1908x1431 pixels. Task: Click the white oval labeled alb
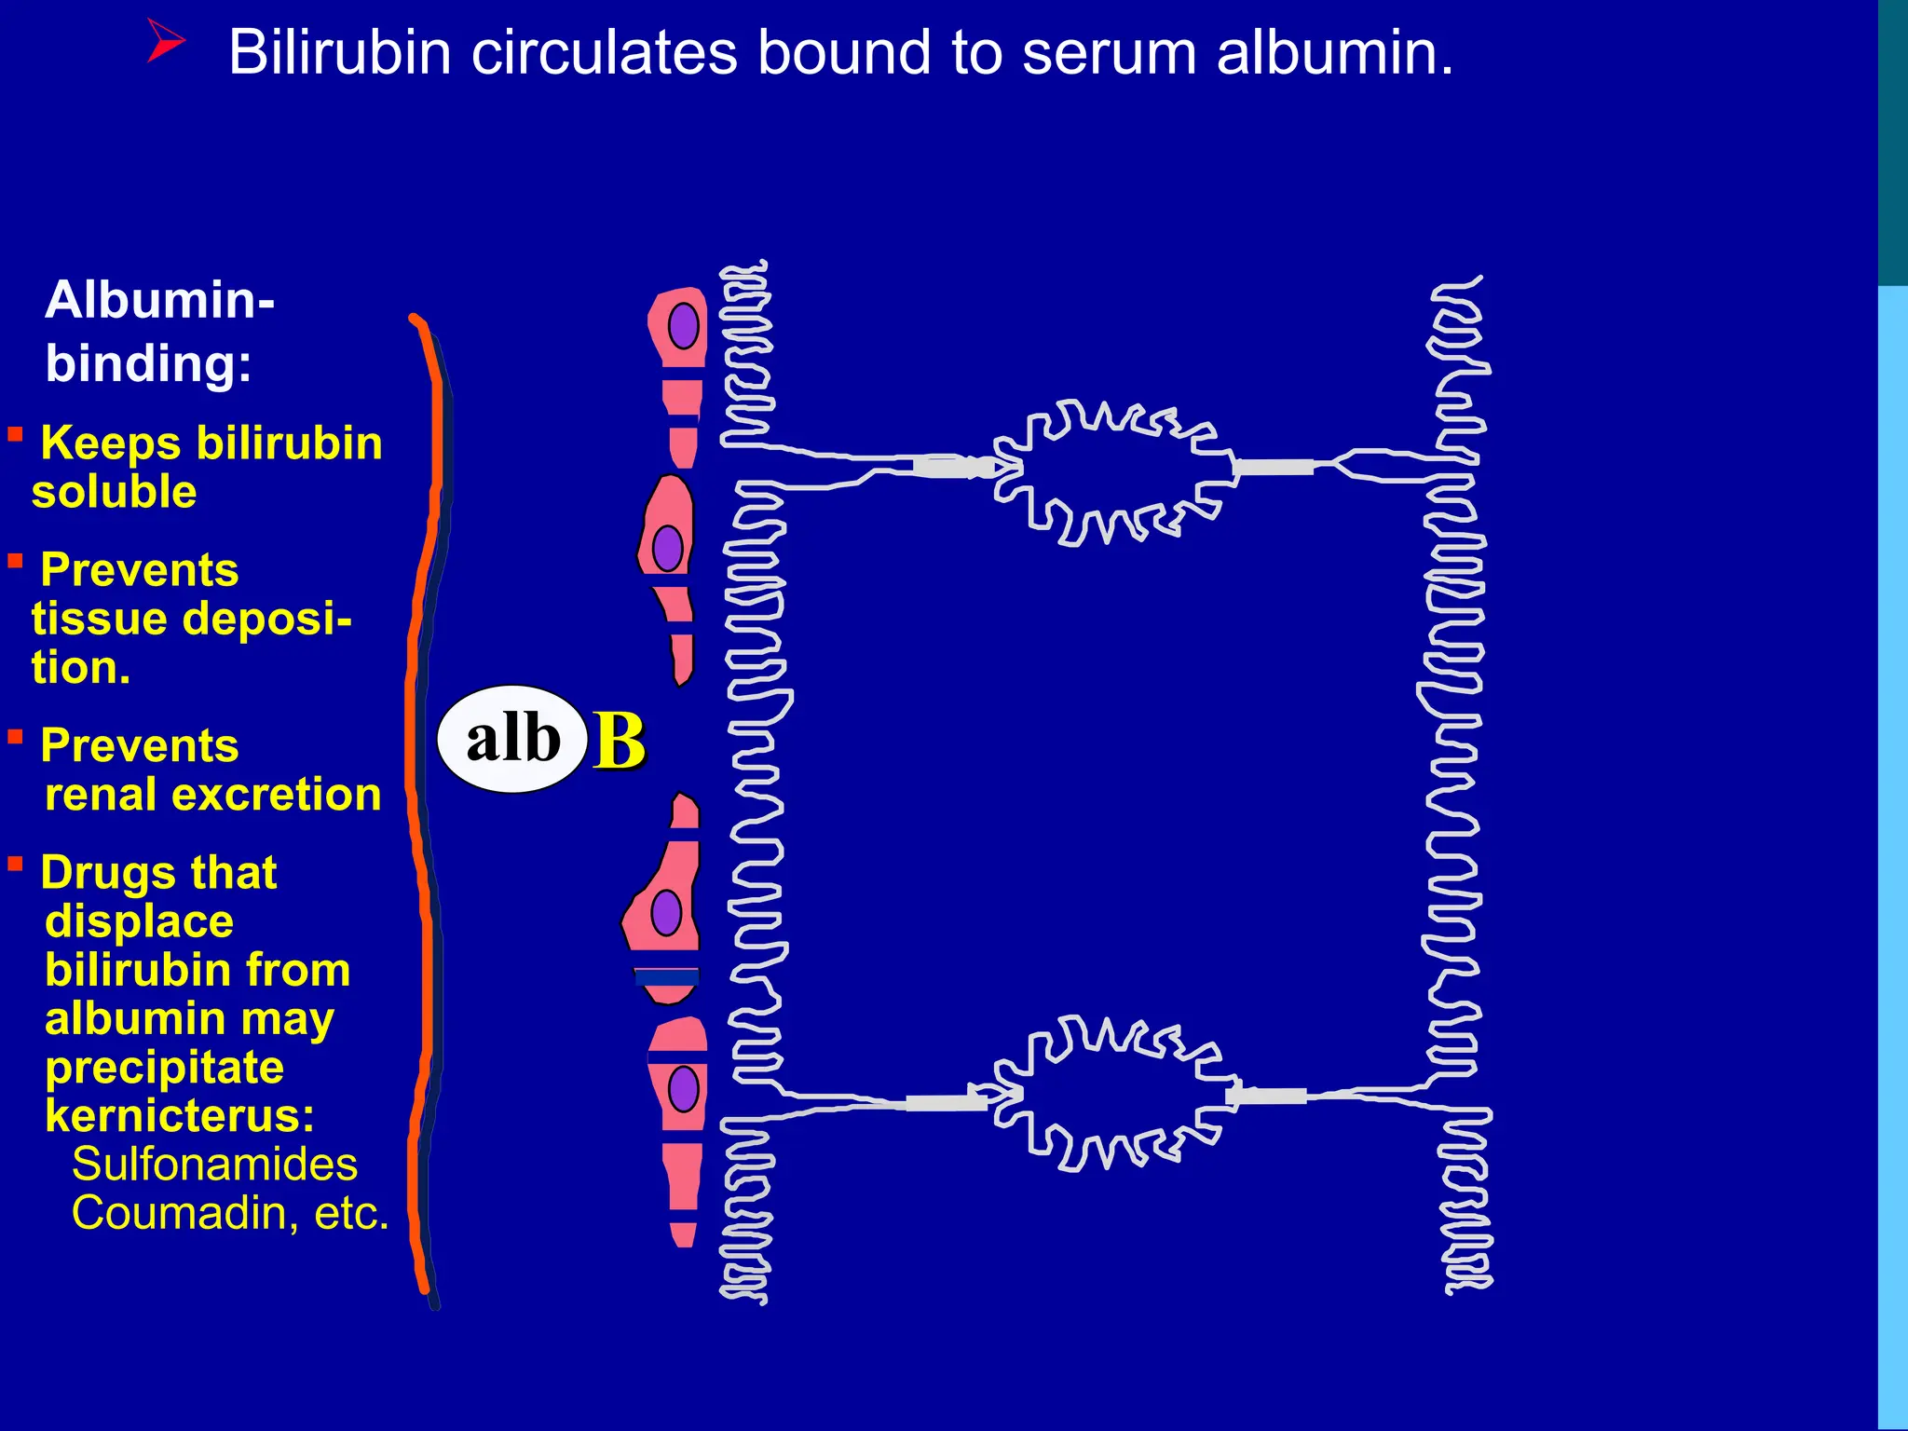511,739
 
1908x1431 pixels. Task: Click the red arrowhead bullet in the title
166,43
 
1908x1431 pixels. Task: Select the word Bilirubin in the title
340,52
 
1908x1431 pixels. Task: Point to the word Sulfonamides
214,1165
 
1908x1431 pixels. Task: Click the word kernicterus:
180,1115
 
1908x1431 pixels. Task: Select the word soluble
114,492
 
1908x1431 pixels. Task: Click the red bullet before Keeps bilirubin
16,434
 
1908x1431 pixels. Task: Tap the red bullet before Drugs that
16,865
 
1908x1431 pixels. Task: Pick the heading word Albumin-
159,300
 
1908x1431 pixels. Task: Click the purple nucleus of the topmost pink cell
684,325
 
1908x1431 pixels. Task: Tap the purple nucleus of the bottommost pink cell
684,1088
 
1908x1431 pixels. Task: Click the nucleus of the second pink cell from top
668,548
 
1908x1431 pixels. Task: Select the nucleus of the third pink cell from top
666,912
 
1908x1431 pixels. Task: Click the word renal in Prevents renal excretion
101,795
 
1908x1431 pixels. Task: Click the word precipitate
164,1067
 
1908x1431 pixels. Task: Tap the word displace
139,921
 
